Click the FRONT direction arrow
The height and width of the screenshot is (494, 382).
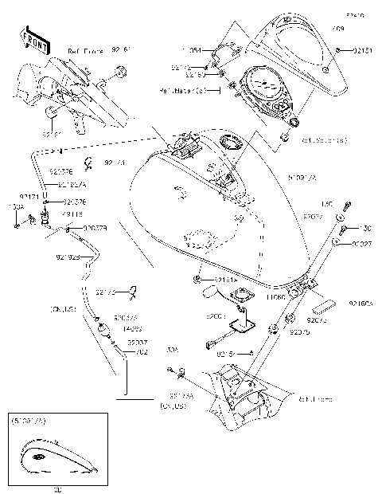pos(29,38)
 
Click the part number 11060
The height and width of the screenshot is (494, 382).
pos(276,296)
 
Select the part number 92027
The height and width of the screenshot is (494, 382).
pos(361,245)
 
